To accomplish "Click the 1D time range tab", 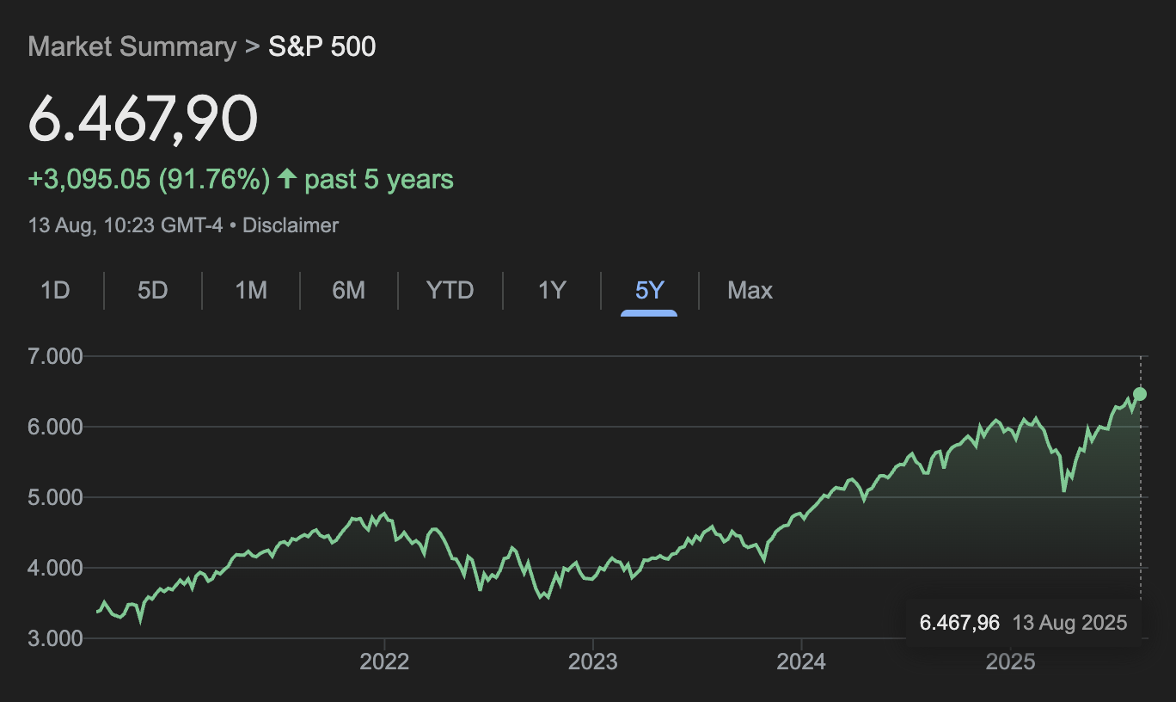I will pos(55,291).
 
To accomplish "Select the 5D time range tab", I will pos(152,291).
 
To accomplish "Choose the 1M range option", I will pos(251,291).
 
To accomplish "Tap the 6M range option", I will pos(348,291).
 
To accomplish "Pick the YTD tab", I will pos(450,291).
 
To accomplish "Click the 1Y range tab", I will pos(552,291).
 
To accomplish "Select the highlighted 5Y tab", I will pos(649,291).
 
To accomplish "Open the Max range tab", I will pos(750,291).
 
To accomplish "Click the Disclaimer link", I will pos(291,225).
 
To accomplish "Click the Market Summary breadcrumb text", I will pos(132,46).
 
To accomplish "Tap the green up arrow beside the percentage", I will pos(287,179).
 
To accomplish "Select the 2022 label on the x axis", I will pos(384,662).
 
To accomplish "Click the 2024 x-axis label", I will pos(801,662).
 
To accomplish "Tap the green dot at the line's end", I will pos(1140,394).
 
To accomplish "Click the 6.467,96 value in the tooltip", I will pos(959,623).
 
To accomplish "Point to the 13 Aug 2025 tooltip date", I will pos(1069,623).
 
